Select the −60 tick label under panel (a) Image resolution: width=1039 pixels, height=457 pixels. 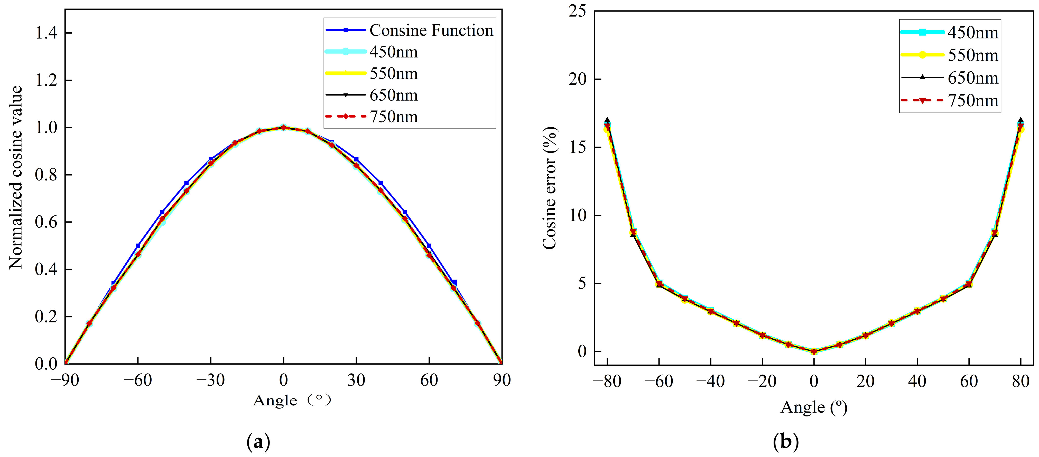click(137, 380)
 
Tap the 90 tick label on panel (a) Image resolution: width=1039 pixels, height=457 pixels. click(501, 380)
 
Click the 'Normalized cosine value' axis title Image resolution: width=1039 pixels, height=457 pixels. click(16, 177)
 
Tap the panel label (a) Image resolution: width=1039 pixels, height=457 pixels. click(258, 442)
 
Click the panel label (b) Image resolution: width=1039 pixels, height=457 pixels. click(786, 442)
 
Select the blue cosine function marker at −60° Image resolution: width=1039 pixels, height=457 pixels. click(138, 245)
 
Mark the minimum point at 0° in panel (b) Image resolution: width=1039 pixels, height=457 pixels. click(814, 351)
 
